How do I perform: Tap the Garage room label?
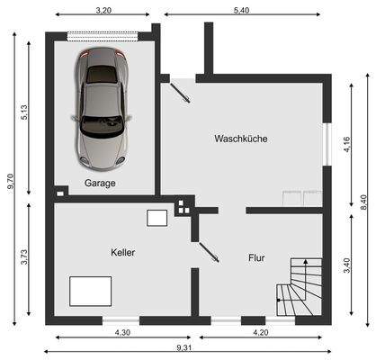(x=100, y=183)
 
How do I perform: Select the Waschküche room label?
(x=240, y=139)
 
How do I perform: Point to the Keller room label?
(x=123, y=253)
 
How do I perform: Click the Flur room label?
(x=256, y=258)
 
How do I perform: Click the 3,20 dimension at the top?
(x=103, y=10)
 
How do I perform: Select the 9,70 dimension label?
(x=10, y=180)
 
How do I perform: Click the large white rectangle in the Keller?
(x=91, y=291)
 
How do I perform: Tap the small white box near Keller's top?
(x=158, y=218)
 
